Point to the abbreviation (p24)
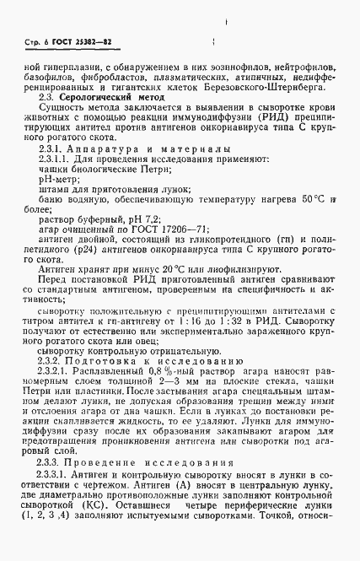[x=79, y=276]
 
